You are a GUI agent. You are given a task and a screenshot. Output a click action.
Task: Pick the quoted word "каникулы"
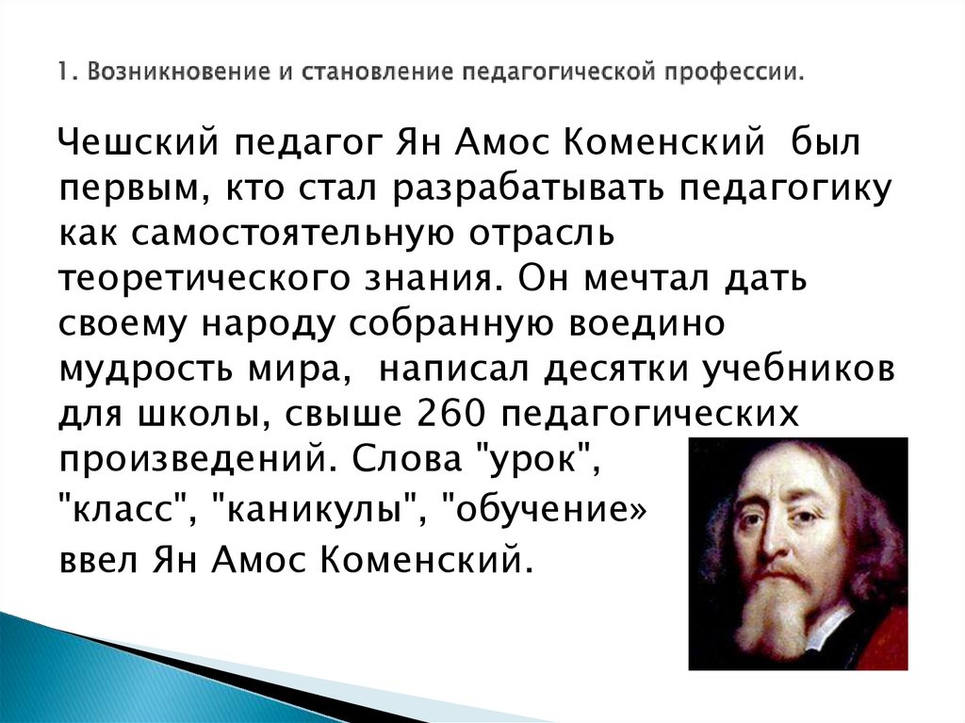point(321,513)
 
